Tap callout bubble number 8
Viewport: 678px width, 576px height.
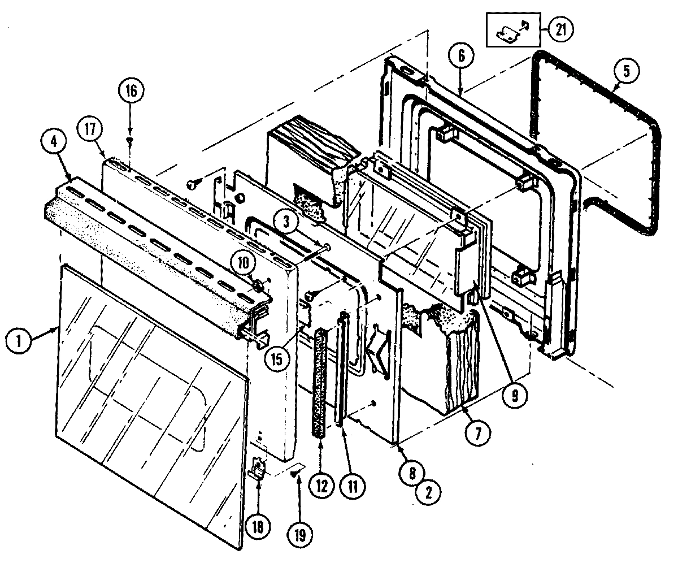[x=414, y=471]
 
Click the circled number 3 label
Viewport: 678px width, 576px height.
[x=287, y=222]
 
